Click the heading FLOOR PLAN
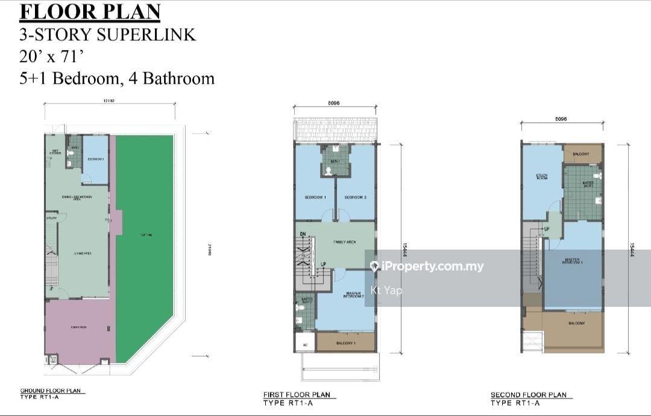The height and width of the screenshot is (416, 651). click(x=90, y=11)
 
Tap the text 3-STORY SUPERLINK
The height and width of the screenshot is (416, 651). click(x=107, y=34)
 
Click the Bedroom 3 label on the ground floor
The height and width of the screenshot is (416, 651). click(x=95, y=159)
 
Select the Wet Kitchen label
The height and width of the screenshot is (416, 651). click(x=55, y=152)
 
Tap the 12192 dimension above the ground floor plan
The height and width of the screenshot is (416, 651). click(x=108, y=101)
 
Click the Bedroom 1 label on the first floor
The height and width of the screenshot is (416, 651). click(x=315, y=197)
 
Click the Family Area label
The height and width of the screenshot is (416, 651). click(x=344, y=242)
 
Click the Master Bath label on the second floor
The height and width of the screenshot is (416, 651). click(x=587, y=183)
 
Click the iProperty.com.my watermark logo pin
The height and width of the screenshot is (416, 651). click(x=374, y=266)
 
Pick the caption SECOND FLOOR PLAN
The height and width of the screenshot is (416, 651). click(x=528, y=396)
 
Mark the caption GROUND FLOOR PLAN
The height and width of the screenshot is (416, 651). click(x=51, y=391)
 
